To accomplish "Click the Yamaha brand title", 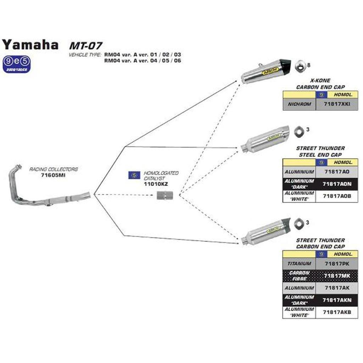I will tap(30, 45).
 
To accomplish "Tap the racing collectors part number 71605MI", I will tap(53, 175).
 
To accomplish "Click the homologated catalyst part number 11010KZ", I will tap(156, 184).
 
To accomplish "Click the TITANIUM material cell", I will tap(299, 264).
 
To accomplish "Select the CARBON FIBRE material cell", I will tap(299, 276).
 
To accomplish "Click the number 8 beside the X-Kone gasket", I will tap(309, 65).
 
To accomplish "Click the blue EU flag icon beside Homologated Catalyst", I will tap(134, 175).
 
